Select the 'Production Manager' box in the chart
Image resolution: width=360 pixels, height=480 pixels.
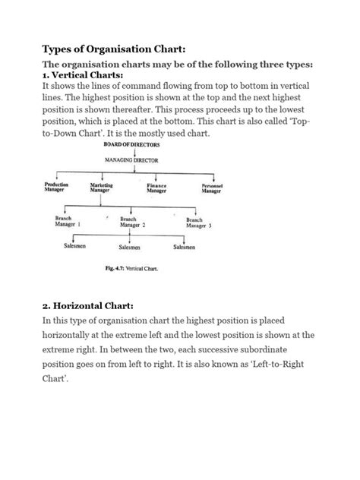56,188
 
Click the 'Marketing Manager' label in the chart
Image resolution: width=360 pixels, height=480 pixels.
102,188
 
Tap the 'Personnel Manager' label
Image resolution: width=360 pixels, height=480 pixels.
211,188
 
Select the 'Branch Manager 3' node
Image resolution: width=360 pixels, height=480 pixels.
199,223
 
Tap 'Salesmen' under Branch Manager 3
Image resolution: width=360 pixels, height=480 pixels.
187,246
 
